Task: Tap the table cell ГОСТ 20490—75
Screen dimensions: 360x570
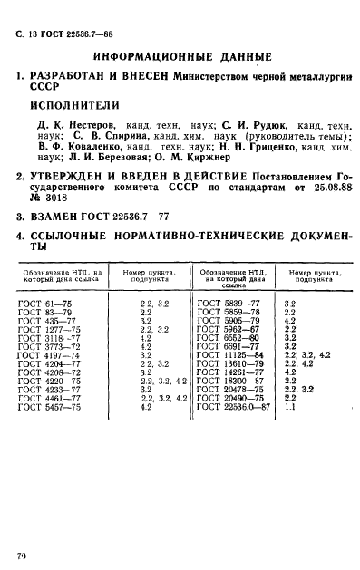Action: [x=228, y=398]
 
